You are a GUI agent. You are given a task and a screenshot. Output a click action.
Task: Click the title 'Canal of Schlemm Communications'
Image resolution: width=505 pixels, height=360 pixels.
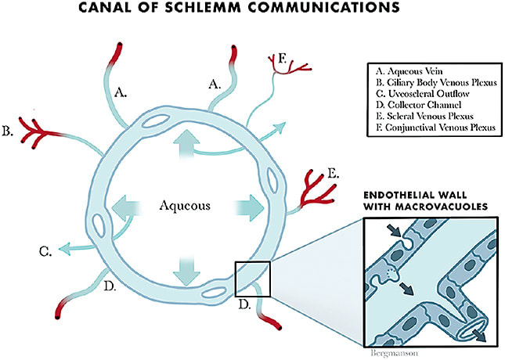point(253,10)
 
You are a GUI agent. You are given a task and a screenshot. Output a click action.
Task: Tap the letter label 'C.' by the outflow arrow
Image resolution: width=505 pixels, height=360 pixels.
point(46,252)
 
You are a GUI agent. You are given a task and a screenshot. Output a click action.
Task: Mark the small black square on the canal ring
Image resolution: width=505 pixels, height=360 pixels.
point(252,279)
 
